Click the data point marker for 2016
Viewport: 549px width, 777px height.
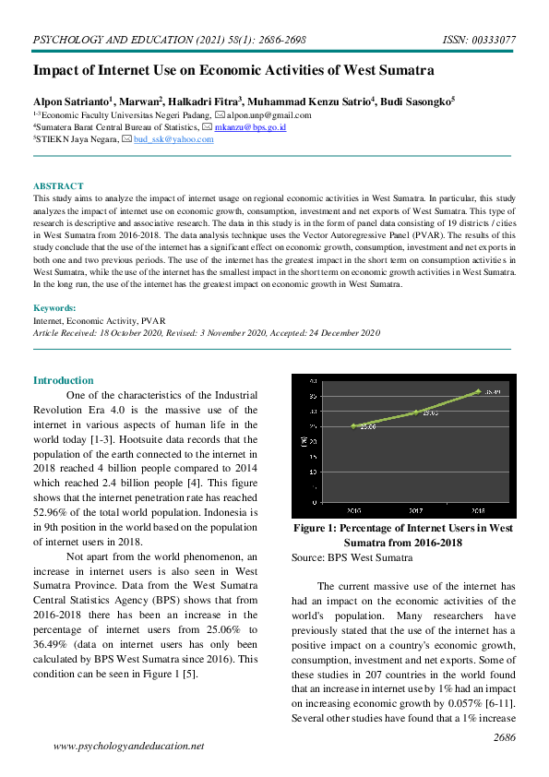353,425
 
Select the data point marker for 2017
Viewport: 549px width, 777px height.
416,412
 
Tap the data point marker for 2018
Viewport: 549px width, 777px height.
478,391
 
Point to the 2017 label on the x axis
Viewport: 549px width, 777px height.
416,509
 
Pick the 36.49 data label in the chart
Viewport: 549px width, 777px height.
493,391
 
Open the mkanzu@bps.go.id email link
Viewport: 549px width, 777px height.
250,127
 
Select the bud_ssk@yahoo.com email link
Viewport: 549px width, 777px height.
173,139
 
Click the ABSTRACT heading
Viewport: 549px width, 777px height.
58,186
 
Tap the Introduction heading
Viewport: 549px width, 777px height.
63,380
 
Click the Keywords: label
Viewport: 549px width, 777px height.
54,307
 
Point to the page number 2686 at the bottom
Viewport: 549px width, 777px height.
504,737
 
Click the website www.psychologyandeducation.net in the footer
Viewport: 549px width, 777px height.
129,746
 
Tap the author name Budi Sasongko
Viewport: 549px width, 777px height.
414,101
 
